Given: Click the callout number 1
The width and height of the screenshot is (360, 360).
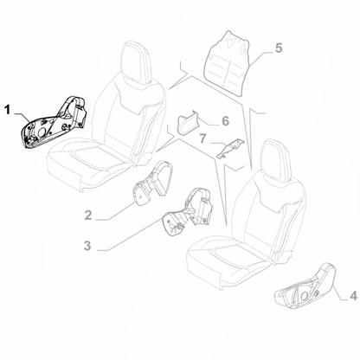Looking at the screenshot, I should pos(8,111).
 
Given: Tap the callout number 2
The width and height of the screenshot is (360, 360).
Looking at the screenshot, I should pos(88,213).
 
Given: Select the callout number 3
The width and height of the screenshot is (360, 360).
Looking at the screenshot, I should pos(87,247).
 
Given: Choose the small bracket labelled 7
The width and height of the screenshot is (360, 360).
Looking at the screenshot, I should pos(230,151).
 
